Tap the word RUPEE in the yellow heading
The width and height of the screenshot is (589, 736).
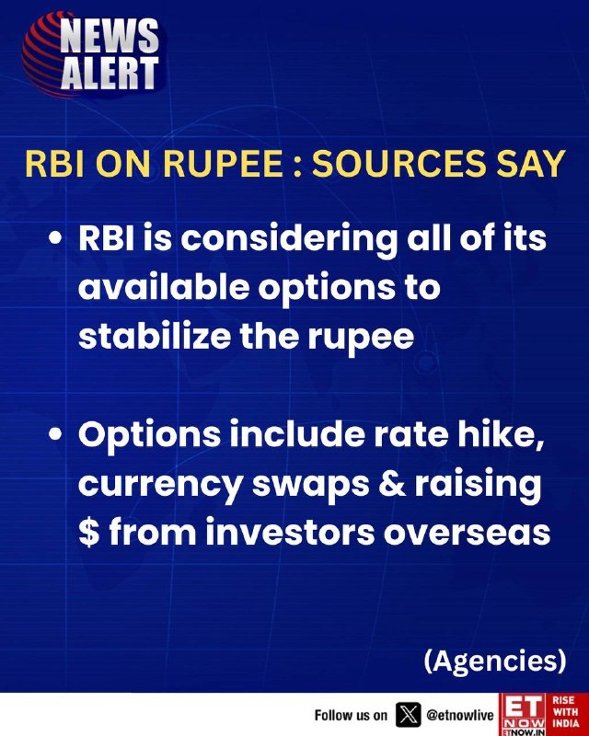point(223,164)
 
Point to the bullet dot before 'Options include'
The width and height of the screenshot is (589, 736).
point(56,435)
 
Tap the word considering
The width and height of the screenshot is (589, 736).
point(289,240)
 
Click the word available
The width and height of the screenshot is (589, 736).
point(164,287)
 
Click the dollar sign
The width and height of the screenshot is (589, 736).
point(88,533)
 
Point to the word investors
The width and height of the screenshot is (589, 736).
point(290,533)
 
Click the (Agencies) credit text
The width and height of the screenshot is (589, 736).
point(495,661)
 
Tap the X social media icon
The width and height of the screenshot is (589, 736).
point(409,715)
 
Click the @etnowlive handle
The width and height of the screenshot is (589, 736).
point(460,716)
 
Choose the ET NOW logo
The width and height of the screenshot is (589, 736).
point(524,715)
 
